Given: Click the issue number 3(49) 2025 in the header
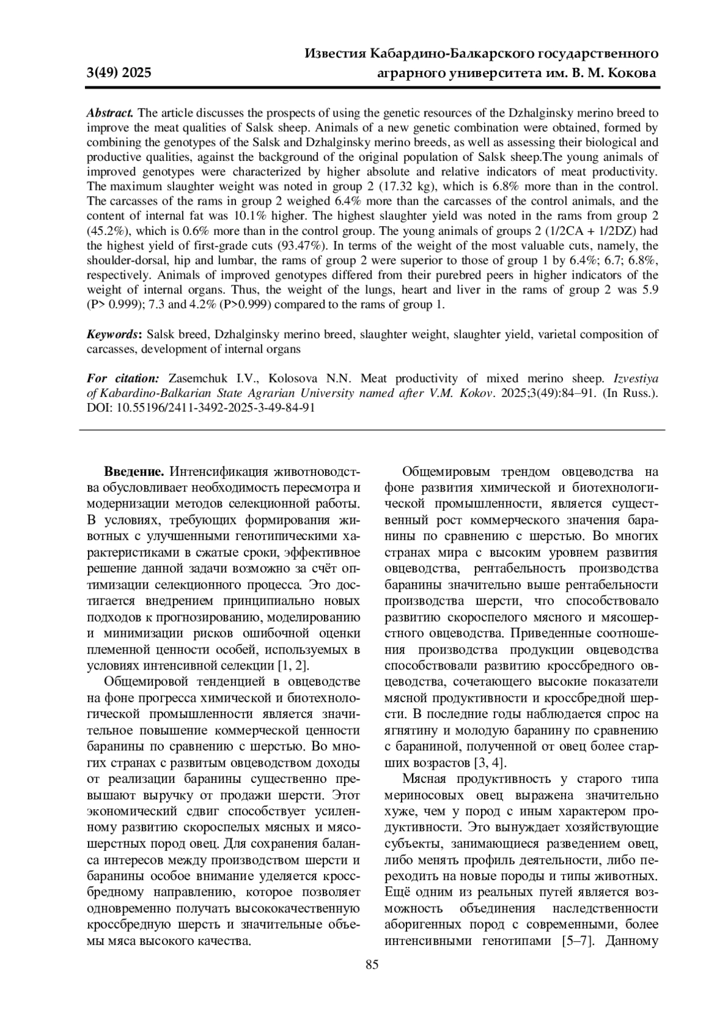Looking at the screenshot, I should (119, 73).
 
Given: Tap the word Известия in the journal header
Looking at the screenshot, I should (335, 54).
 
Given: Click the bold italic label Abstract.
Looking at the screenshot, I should (110, 113).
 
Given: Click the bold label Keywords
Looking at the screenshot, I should (113, 334).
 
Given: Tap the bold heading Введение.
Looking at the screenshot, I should (133, 472).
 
